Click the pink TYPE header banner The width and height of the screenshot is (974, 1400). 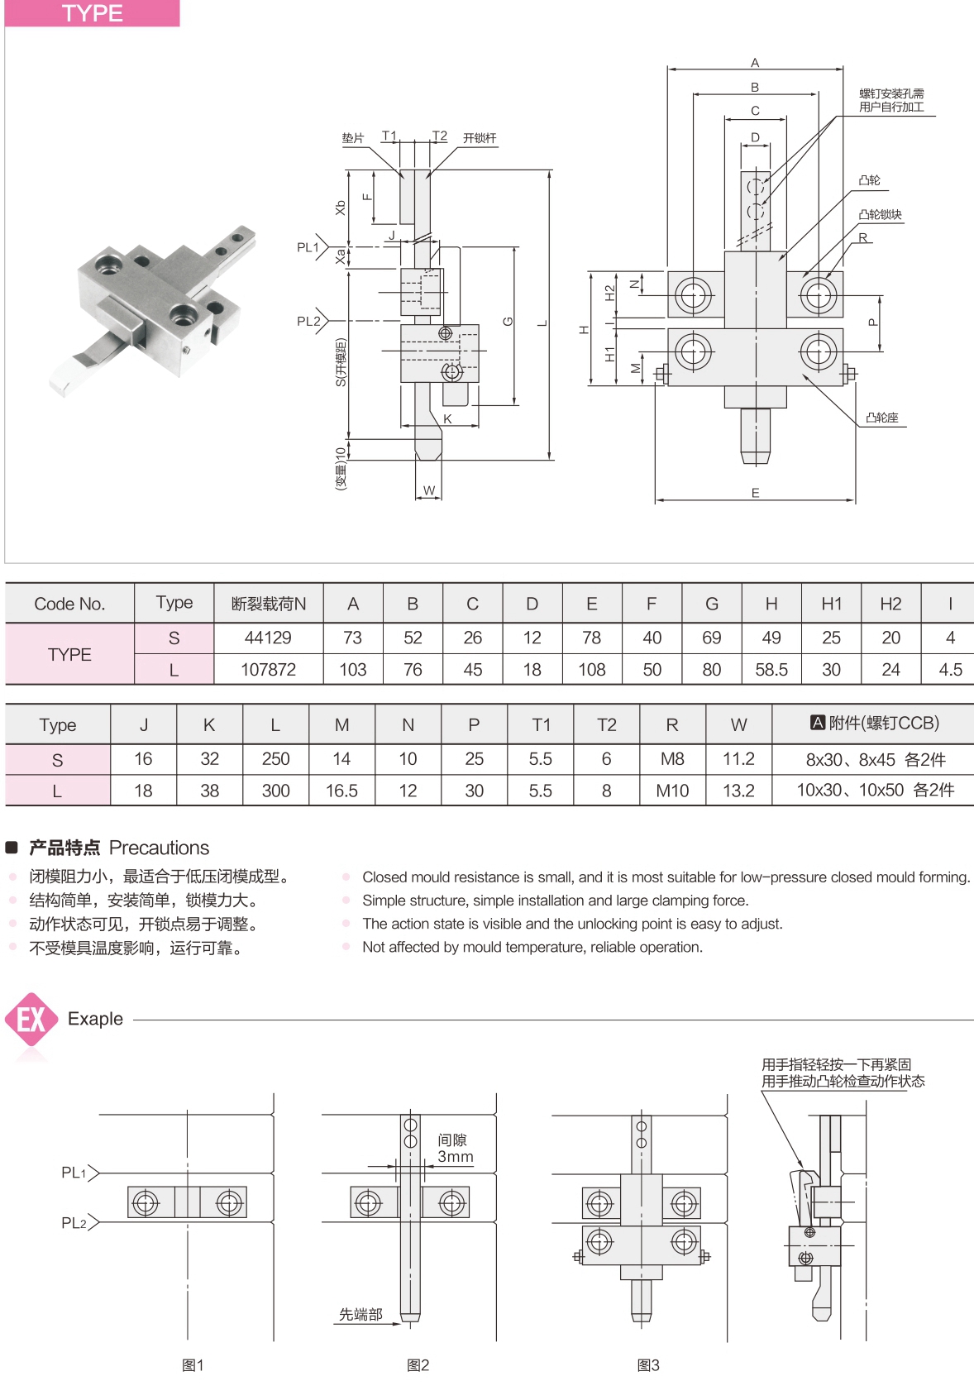(92, 13)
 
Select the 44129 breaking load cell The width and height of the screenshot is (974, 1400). (268, 638)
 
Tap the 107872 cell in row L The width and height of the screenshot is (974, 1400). (268, 670)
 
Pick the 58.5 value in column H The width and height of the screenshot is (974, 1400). (771, 670)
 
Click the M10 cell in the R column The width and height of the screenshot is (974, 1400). (672, 791)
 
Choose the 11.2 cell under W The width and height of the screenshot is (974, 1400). (738, 758)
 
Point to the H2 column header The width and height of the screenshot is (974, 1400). (890, 604)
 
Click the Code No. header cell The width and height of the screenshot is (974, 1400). (69, 604)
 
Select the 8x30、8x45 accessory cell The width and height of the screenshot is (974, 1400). (875, 759)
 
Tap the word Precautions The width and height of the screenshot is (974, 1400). (159, 848)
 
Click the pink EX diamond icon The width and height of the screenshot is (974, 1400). (31, 1020)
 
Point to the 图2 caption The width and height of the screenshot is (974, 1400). (418, 1365)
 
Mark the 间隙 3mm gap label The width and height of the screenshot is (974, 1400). (454, 1149)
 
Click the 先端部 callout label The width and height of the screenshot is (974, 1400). (360, 1314)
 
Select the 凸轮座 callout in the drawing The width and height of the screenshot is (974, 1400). (881, 418)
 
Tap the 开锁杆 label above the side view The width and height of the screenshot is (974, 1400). (480, 138)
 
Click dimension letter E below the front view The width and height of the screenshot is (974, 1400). (755, 493)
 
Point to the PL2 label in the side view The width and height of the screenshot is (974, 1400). (308, 322)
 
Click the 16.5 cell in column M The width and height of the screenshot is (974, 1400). (341, 791)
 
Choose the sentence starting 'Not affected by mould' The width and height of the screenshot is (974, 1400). (532, 947)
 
